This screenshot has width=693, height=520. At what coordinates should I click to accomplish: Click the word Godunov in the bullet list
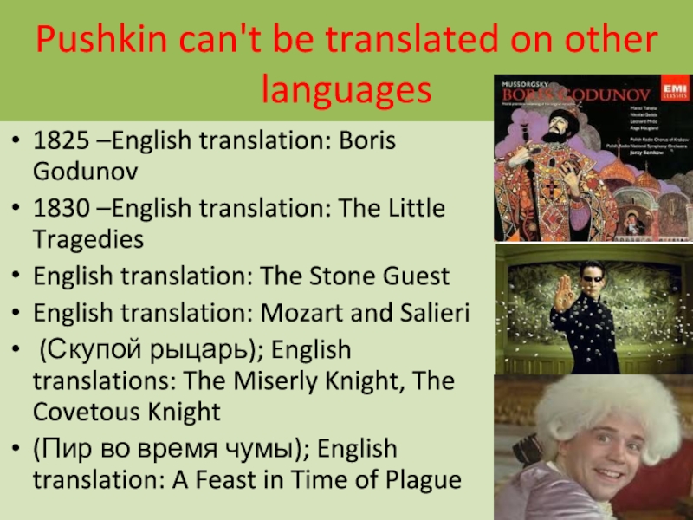coord(84,170)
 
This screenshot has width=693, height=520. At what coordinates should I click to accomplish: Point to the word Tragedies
coord(88,237)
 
